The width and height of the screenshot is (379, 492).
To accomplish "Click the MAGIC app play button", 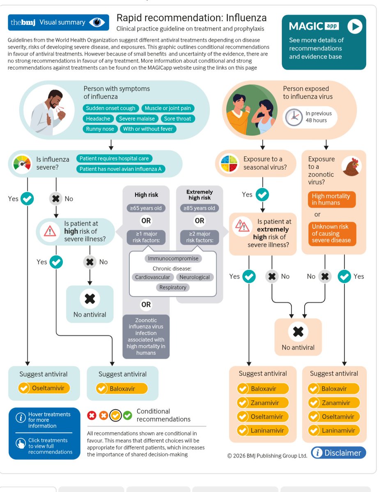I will pos(355,27).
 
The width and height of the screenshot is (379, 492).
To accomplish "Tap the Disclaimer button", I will pos(338,453).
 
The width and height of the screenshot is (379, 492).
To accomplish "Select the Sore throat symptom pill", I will pos(177,118).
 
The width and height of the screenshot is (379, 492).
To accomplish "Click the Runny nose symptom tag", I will pos(100,129).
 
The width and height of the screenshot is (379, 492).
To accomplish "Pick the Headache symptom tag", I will pos(98,118).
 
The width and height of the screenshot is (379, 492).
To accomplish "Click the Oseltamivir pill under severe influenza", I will pos(44,388).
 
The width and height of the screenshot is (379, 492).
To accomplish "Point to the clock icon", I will pos(294,117).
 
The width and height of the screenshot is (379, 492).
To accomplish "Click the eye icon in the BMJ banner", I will pos(97,23).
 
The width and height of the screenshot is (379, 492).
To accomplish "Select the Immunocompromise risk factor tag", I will pos(173,258).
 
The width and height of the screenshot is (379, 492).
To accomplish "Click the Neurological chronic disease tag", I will pos(195,277).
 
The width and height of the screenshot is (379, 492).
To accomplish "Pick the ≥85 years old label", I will pos(200,208).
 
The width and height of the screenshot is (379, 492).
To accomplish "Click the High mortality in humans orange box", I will pos(331,199).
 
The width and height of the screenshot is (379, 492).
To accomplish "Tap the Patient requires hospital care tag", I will pos(114,158).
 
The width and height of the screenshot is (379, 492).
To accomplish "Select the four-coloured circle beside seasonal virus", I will pos(230,163).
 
